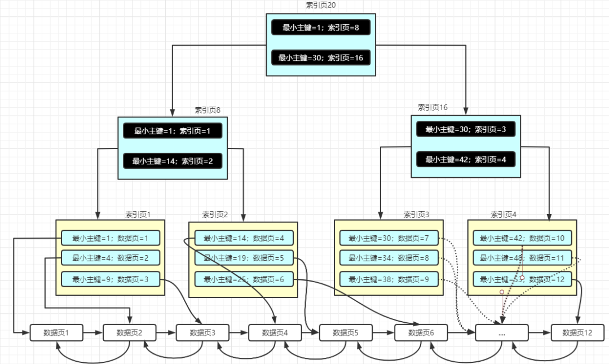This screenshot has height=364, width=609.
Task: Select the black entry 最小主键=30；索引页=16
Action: coord(321,58)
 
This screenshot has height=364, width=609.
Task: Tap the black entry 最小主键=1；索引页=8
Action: coord(321,27)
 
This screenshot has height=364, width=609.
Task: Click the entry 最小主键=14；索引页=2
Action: coord(173,161)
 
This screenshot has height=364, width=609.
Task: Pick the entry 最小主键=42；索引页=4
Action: coord(466,159)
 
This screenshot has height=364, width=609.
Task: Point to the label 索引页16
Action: coord(433,107)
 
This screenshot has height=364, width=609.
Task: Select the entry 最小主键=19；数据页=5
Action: coord(244,258)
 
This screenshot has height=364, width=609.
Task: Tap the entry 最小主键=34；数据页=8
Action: coord(389,258)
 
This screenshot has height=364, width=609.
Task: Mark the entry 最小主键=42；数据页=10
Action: coord(522,238)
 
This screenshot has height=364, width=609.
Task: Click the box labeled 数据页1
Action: coord(56,333)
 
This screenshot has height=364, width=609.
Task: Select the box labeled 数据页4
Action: coord(275,333)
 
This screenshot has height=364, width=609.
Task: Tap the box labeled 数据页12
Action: coord(577,333)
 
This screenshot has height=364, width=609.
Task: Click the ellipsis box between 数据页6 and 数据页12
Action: coord(502,333)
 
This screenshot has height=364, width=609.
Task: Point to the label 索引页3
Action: coord(416,214)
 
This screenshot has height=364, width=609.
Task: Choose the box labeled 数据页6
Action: coord(420,333)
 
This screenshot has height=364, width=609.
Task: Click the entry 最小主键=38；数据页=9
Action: coord(389,279)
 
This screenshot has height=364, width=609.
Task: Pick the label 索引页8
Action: coord(208,109)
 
